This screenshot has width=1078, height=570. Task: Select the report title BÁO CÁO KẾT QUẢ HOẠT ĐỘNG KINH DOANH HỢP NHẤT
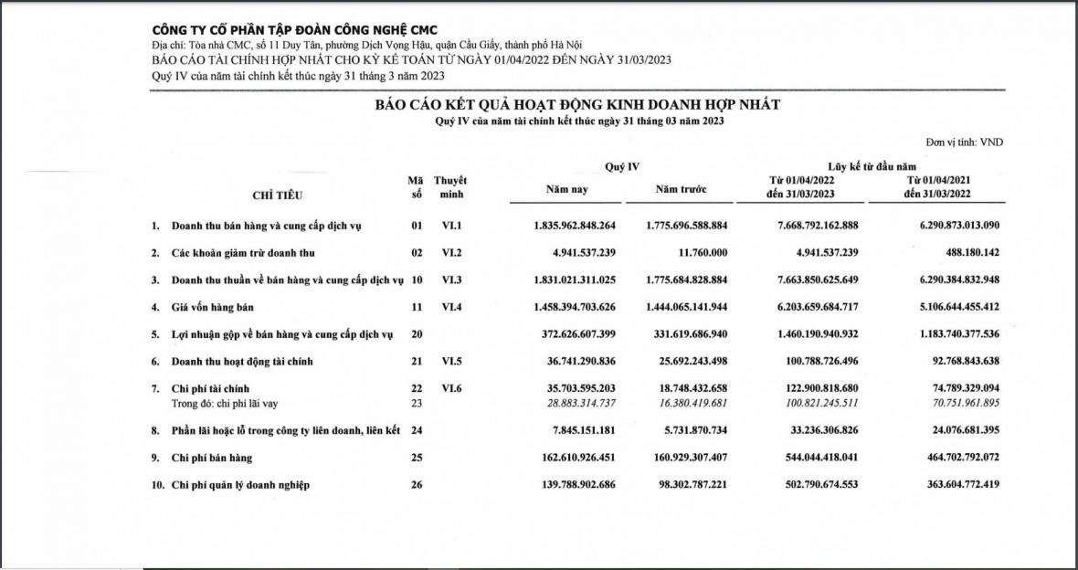coord(577,104)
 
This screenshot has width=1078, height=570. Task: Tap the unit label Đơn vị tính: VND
coord(964,142)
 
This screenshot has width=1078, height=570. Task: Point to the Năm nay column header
coord(567,190)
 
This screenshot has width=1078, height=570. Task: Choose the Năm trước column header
coord(681,190)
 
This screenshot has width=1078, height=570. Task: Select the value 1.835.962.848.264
coord(575,225)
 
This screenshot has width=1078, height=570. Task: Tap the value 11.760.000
coord(700,252)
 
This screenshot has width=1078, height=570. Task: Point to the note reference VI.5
coord(452,362)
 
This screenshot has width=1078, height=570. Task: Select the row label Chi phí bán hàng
coord(212,458)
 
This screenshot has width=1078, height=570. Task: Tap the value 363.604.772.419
coord(951,485)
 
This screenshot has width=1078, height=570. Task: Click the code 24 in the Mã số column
coord(417,430)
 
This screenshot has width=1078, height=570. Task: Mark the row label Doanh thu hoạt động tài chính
coord(242,362)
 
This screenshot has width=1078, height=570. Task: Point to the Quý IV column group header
coord(622,166)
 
